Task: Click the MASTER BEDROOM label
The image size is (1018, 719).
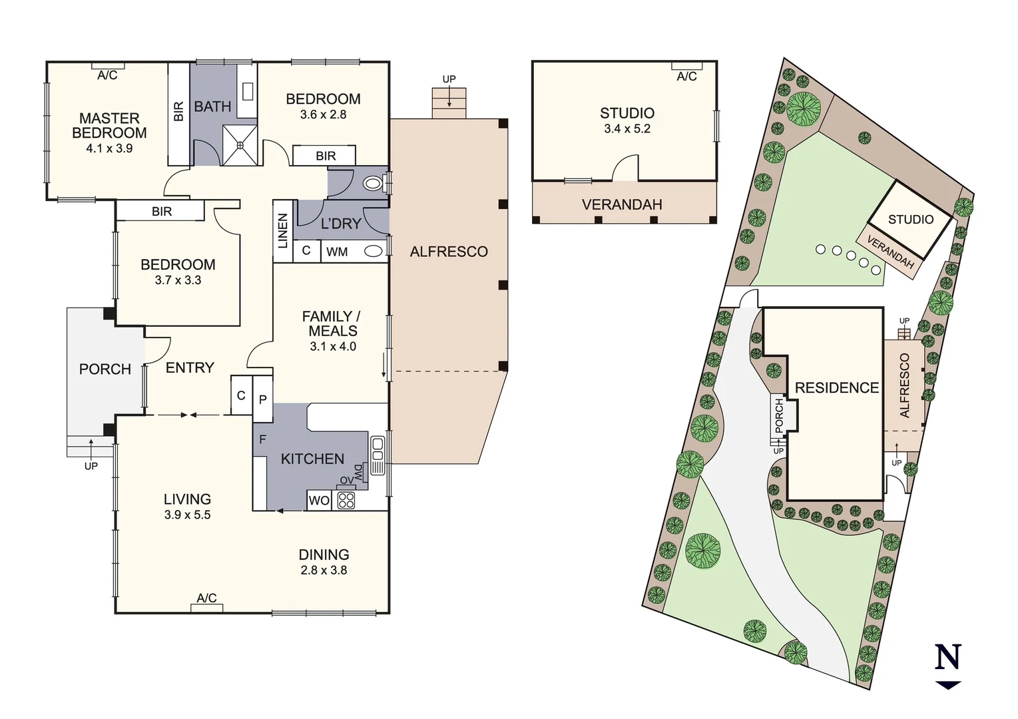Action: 109,125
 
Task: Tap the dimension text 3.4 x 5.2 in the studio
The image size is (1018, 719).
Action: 627,128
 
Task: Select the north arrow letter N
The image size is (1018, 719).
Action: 948,657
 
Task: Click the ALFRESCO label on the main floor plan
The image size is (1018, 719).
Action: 449,252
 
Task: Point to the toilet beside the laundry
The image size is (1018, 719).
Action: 373,182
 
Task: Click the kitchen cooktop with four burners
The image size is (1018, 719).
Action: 346,500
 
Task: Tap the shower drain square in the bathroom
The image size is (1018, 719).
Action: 240,144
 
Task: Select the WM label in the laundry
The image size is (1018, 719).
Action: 337,252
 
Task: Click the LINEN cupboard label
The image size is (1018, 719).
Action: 283,230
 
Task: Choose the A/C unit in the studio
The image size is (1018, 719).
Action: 686,66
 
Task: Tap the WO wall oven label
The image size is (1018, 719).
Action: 319,501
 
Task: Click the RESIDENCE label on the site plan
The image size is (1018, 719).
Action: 837,387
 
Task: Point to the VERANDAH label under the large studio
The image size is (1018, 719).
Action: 622,204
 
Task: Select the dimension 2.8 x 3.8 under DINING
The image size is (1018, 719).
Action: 324,570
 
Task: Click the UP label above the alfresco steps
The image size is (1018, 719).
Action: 449,79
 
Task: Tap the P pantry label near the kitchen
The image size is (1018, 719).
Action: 263,399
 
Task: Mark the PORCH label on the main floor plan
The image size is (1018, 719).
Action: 105,369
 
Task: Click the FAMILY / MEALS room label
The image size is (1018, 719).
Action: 332,324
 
